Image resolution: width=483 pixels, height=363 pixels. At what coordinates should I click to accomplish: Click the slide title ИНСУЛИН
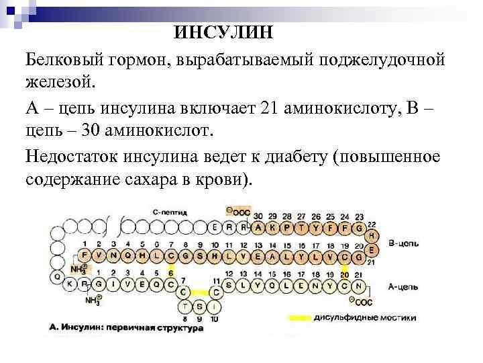(225, 32)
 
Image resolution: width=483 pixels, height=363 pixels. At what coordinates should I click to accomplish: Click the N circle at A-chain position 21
(360, 285)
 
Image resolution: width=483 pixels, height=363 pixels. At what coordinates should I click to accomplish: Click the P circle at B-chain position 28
(286, 228)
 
